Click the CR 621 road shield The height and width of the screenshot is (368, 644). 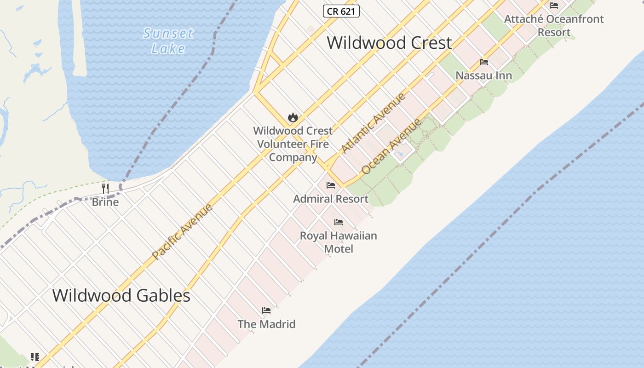pos(341,11)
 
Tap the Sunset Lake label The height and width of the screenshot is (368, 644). pos(168,40)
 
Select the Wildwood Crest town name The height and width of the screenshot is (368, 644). pos(389,43)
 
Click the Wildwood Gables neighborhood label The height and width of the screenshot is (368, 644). pos(121,295)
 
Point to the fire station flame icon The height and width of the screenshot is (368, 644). pos(293,118)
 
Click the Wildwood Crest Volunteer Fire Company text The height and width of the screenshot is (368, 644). pos(293,144)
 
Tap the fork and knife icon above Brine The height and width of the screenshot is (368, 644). pos(105,188)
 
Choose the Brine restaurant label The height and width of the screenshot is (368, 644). pos(105,202)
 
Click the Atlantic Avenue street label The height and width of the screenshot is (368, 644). pos(374,123)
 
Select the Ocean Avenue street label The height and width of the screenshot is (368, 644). pos(391,147)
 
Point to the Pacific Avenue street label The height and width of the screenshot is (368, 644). pos(182,231)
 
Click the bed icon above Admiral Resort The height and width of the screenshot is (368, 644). pos(331,185)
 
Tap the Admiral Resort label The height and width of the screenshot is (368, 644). pos(331,199)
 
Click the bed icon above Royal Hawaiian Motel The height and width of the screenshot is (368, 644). pos(339,222)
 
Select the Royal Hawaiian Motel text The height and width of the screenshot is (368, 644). pos(339,242)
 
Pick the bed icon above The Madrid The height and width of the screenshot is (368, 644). pos(266,310)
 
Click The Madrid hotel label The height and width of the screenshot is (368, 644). pos(266,324)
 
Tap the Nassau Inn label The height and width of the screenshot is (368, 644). pos(483,75)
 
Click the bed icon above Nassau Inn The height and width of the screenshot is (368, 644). pos(483,62)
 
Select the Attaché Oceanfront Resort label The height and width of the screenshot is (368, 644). pos(554,26)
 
